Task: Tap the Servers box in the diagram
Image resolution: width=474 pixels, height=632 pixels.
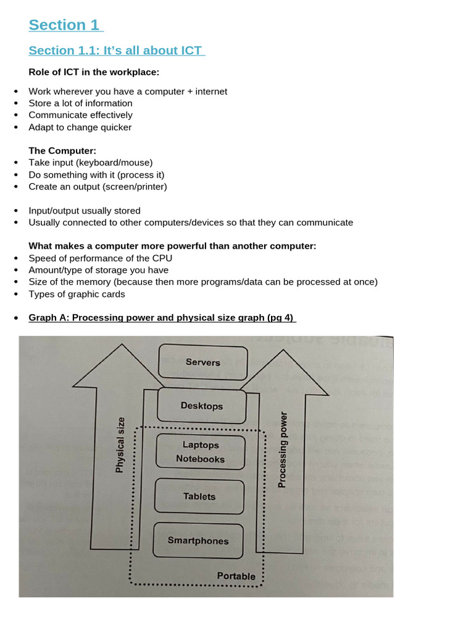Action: pyautogui.click(x=202, y=362)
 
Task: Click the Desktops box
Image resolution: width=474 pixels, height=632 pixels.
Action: pyautogui.click(x=202, y=405)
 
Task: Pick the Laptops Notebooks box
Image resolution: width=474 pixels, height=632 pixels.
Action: pyautogui.click(x=201, y=452)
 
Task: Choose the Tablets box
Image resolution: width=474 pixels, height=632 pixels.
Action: pyautogui.click(x=199, y=496)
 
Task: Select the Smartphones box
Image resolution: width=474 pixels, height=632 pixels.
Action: pyautogui.click(x=198, y=541)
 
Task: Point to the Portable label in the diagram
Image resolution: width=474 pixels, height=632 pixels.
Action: pyautogui.click(x=236, y=576)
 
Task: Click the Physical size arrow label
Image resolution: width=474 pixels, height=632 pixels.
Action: pyautogui.click(x=120, y=445)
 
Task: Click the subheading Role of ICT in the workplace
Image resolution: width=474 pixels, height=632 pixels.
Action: pyautogui.click(x=94, y=72)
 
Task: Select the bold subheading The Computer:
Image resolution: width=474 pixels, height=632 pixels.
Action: pyautogui.click(x=62, y=151)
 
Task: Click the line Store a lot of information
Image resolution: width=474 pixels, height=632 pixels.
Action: pyautogui.click(x=80, y=103)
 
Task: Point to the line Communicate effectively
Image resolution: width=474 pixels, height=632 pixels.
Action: pyautogui.click(x=80, y=115)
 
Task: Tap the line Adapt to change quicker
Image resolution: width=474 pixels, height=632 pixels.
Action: pyautogui.click(x=80, y=127)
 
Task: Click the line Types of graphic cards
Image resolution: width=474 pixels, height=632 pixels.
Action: pyautogui.click(x=77, y=294)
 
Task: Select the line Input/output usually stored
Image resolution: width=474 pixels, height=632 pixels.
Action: pyautogui.click(x=85, y=210)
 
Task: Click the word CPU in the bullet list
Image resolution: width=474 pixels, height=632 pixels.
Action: pyautogui.click(x=162, y=258)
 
